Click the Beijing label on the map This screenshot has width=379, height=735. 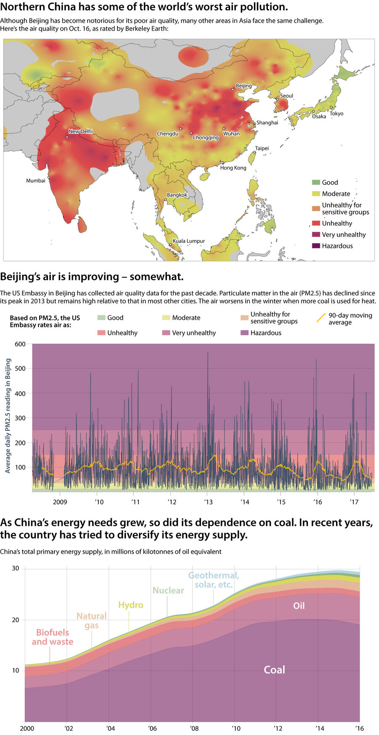tap(243, 86)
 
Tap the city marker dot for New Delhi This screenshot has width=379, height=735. tap(67, 137)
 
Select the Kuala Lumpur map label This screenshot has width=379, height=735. tap(189, 241)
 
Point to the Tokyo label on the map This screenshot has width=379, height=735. tap(336, 114)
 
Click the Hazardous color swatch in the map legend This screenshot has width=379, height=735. tap(316, 246)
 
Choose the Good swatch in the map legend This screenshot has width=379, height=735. tap(316, 183)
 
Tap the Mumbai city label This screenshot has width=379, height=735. tap(36, 180)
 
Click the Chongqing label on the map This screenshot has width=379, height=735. tap(206, 138)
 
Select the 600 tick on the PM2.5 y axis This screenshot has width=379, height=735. tap(20, 344)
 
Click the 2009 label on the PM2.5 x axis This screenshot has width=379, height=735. tap(60, 502)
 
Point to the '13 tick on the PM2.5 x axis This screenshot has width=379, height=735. tap(208, 502)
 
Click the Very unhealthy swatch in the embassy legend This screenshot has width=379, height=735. tap(166, 333)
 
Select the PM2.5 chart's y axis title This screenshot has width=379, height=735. tap(8, 416)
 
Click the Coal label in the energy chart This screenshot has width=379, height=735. tap(274, 670)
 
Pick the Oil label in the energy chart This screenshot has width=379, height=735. tap(299, 606)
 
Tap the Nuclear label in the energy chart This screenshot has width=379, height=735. tap(168, 590)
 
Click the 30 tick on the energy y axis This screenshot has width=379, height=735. tap(16, 568)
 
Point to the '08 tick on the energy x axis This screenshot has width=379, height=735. tap(194, 728)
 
